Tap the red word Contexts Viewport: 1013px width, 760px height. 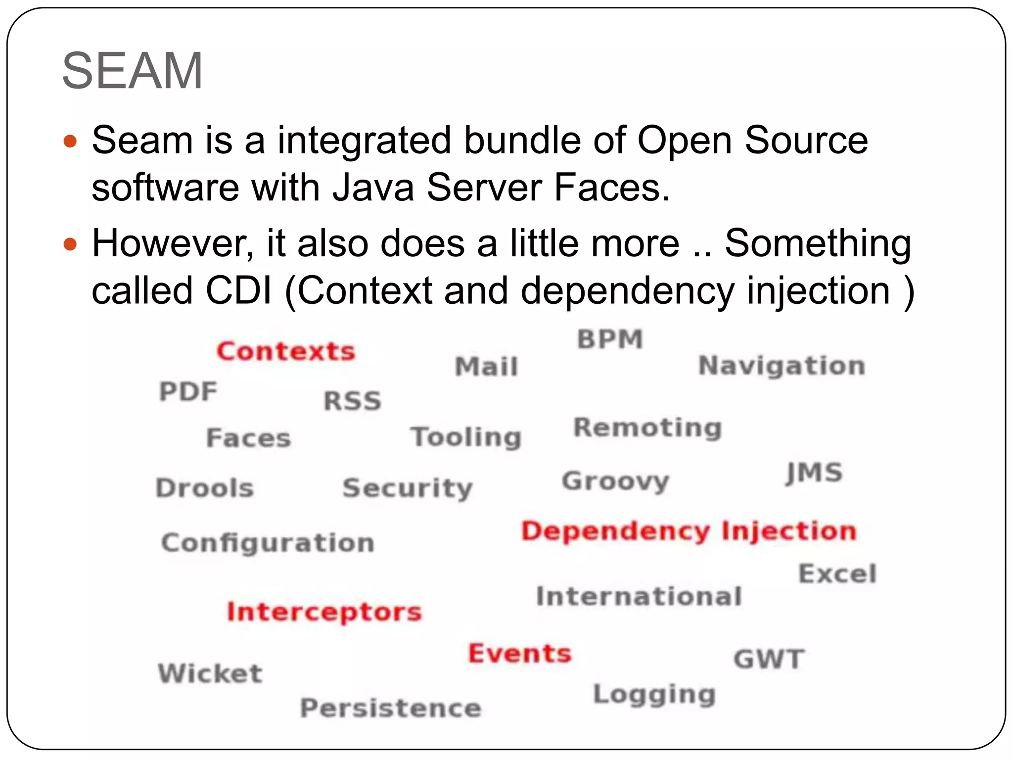click(x=286, y=351)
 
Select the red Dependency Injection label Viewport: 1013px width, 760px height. click(x=689, y=532)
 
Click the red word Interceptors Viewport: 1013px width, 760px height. click(x=324, y=612)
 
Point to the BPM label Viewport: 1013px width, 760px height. click(x=610, y=339)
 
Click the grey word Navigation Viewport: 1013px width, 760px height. click(x=782, y=366)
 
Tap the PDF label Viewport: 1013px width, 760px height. click(x=188, y=391)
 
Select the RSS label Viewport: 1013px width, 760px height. click(x=352, y=401)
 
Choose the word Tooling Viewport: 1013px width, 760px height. click(x=466, y=437)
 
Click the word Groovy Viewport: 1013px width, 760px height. click(x=615, y=481)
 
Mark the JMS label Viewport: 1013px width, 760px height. click(x=814, y=473)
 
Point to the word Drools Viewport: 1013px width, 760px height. click(x=205, y=488)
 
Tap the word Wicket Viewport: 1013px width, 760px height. click(x=210, y=673)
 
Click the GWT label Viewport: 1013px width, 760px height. click(x=769, y=659)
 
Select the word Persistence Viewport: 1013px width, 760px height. click(x=391, y=708)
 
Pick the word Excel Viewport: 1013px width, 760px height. click(x=837, y=574)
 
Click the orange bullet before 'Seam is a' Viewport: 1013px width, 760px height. click(x=71, y=142)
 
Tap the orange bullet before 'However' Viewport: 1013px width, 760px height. click(x=71, y=244)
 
